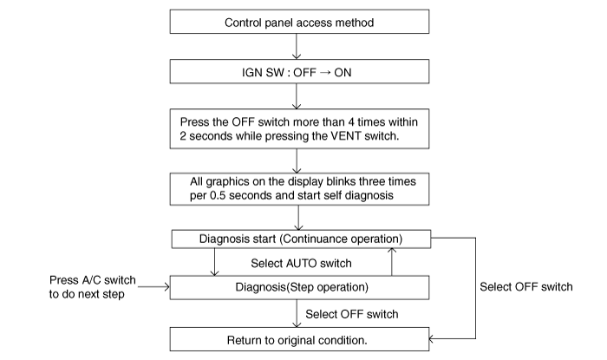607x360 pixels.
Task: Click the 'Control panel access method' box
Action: (299, 22)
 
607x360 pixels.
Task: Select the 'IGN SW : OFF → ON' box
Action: (299, 71)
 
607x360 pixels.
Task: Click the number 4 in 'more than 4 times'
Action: (350, 122)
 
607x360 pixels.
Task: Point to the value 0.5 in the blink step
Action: (217, 195)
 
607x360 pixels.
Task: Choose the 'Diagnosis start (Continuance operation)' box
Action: (301, 239)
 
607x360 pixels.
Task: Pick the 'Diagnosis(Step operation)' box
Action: (299, 288)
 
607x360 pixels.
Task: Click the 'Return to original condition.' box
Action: (299, 339)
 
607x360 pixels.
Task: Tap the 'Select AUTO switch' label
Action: (301, 264)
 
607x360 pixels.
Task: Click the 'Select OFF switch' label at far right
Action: (526, 287)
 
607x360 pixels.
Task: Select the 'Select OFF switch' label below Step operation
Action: (351, 314)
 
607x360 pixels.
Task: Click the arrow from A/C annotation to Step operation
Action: (153, 287)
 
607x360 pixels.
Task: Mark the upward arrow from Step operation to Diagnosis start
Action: (392, 262)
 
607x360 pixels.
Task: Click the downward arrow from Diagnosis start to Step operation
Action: (214, 262)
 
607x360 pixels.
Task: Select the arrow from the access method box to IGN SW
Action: (297, 47)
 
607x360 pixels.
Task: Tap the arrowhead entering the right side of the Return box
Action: (432, 339)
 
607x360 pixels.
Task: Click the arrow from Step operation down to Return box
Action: (297, 313)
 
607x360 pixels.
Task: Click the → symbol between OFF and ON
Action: (325, 72)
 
